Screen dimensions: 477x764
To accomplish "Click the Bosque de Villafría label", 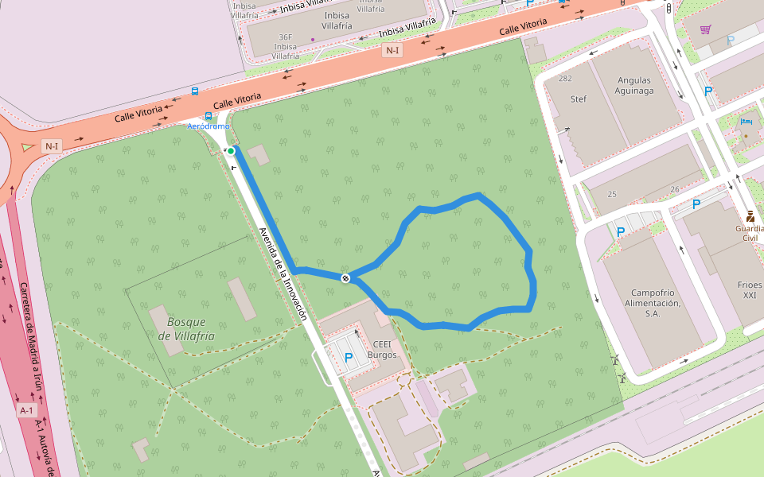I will [x=186, y=328].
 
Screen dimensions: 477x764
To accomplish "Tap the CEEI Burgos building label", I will [x=382, y=349].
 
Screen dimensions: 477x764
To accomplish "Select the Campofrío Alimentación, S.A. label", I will [x=653, y=302].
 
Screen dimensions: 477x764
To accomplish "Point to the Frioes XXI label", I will [x=749, y=289].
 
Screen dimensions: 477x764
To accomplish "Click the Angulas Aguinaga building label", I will [x=633, y=85].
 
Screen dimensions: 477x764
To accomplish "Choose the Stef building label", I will [x=579, y=99].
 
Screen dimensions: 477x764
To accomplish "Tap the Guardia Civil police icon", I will [x=750, y=215].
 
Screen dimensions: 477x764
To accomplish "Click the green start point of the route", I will [x=231, y=150].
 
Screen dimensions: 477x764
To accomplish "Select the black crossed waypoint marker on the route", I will [x=345, y=277].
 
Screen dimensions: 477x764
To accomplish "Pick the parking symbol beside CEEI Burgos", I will [x=348, y=358].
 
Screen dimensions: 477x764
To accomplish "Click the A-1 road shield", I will [x=27, y=410].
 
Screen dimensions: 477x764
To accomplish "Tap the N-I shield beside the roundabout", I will [x=52, y=145].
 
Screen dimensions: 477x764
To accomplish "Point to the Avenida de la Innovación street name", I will [x=283, y=273].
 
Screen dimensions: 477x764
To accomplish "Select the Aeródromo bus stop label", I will [x=208, y=126].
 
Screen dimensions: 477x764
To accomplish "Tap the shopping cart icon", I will [x=705, y=29].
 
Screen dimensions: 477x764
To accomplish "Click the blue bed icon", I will [x=746, y=122].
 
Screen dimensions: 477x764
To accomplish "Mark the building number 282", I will [x=565, y=79].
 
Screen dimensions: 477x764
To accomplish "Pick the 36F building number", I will [x=286, y=37].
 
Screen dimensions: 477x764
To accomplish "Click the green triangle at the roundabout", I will [x=28, y=146].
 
